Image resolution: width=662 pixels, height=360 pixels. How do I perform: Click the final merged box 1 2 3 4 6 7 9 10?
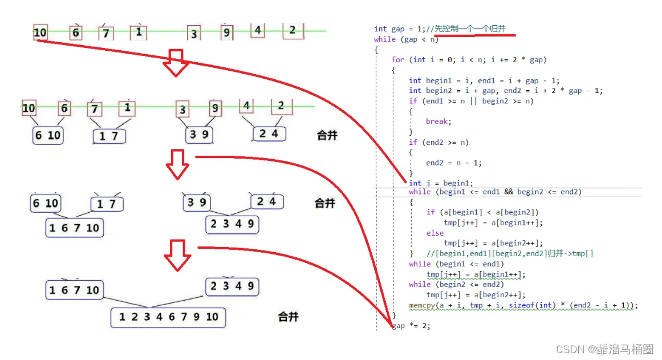168,317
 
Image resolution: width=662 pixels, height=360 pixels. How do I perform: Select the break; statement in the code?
438,122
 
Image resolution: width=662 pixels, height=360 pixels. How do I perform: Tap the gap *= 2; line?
411,326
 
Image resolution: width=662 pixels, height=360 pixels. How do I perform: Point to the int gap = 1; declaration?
400,29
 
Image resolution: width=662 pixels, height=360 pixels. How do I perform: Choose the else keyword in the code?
434,233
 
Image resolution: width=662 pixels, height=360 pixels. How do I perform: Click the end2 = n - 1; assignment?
453,163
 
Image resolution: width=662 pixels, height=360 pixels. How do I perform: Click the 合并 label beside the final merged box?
288,317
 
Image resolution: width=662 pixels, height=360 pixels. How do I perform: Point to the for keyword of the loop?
398,60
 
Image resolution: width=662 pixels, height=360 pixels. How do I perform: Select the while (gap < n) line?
407,39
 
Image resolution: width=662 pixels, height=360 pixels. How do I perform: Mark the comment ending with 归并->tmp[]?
510,253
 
